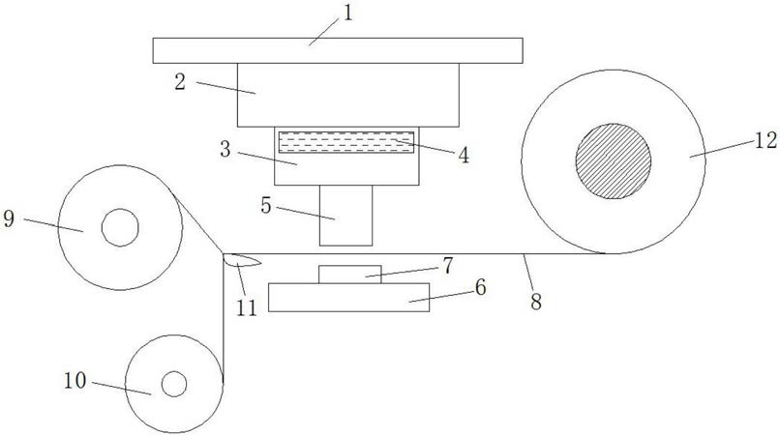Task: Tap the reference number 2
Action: [x=180, y=81]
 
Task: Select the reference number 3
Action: [x=225, y=149]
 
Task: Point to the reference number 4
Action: [x=465, y=155]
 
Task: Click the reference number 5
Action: [x=265, y=204]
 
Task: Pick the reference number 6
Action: [x=479, y=286]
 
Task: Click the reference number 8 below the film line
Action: [x=535, y=300]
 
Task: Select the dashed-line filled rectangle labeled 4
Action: [x=345, y=142]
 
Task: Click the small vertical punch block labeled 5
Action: [x=345, y=216]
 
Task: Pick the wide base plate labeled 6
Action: [x=349, y=298]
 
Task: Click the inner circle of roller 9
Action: [x=120, y=228]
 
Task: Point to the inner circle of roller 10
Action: [x=174, y=384]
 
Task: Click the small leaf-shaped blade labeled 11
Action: [x=240, y=259]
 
